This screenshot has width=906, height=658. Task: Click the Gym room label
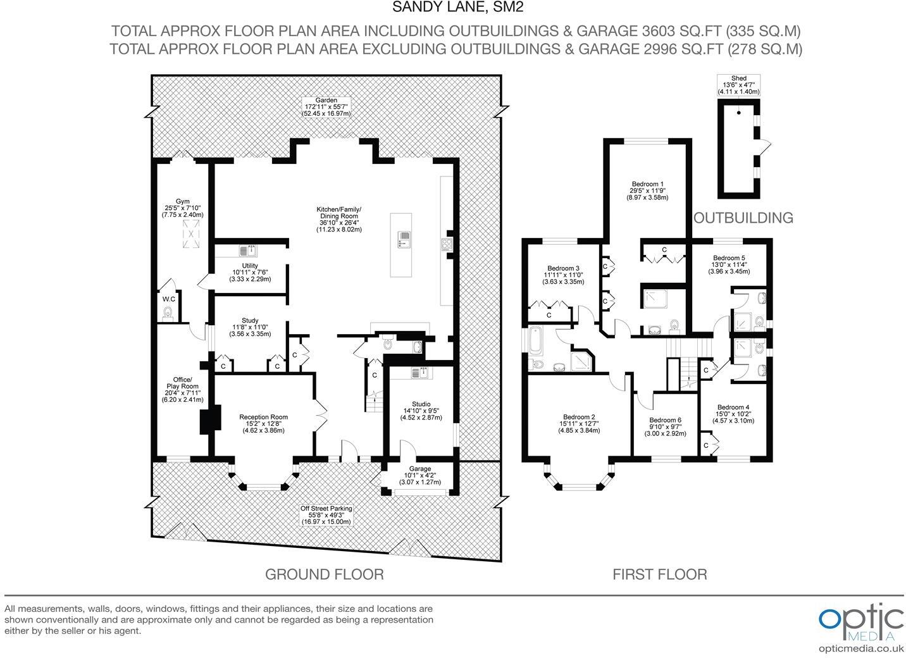(x=182, y=208)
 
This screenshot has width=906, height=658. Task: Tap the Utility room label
(x=250, y=272)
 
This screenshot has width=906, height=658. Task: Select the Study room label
(x=250, y=327)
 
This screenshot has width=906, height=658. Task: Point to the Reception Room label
(x=263, y=423)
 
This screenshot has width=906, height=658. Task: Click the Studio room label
(x=421, y=411)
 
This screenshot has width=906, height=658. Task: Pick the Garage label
(x=420, y=475)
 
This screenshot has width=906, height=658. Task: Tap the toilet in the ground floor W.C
(x=168, y=313)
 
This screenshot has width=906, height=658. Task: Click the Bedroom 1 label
(x=647, y=190)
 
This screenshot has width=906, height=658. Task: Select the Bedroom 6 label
(x=666, y=426)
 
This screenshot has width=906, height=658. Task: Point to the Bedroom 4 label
(x=733, y=414)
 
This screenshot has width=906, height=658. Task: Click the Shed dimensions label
(x=738, y=85)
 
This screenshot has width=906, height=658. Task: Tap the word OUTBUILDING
(x=743, y=218)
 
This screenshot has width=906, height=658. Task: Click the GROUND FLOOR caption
(x=325, y=574)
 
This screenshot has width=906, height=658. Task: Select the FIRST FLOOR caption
(x=660, y=574)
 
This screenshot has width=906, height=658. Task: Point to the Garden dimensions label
(x=326, y=107)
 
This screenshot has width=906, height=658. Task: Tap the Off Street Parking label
(x=326, y=515)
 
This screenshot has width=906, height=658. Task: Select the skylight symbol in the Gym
(x=191, y=233)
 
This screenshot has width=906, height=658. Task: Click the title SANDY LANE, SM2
(x=458, y=8)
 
